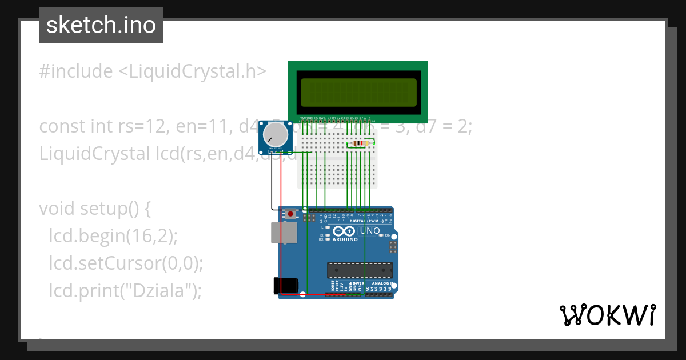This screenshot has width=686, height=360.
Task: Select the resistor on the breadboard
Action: [x=359, y=143]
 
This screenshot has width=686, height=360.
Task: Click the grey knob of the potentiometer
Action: [x=276, y=135]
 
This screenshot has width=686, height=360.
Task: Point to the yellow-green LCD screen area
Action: [x=358, y=92]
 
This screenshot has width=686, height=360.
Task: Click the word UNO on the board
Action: [x=369, y=231]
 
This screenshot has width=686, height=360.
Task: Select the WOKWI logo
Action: [x=607, y=315]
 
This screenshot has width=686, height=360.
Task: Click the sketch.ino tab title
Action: [x=101, y=25]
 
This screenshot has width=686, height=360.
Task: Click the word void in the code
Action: [x=57, y=209]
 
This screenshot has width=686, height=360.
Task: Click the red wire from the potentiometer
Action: [x=281, y=229]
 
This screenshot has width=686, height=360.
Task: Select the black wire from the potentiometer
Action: [x=272, y=183]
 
